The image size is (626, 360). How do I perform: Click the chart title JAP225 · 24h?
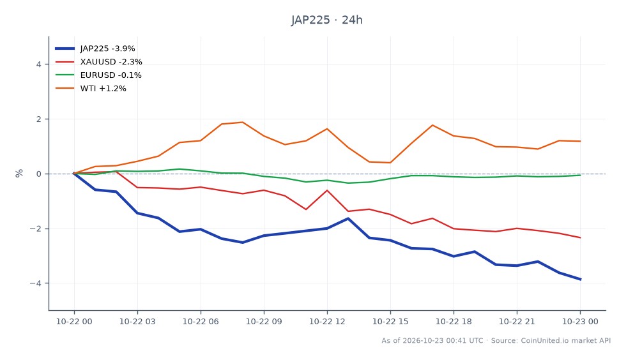(x=326, y=20)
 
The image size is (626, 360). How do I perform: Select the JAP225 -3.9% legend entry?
(x=95, y=49)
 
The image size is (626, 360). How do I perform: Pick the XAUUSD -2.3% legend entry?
(x=98, y=62)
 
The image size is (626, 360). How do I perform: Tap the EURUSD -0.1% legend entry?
(x=98, y=75)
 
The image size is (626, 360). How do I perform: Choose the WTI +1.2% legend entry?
(x=91, y=88)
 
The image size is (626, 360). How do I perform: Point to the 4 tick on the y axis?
(x=38, y=64)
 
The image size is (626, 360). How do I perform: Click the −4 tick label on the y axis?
(x=35, y=283)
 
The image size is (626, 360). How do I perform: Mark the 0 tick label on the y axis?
(x=38, y=174)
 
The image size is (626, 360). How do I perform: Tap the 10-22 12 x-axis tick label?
(x=327, y=322)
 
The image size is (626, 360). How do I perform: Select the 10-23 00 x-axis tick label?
(x=580, y=322)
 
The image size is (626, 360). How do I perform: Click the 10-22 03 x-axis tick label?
(x=137, y=322)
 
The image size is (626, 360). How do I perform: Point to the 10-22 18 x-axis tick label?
(x=454, y=322)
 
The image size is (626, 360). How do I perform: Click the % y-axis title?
(x=19, y=173)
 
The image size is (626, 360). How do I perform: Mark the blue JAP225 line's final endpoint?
(x=580, y=280)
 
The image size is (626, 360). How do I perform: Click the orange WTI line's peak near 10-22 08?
(x=243, y=122)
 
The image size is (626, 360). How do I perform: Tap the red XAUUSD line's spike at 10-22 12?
(x=327, y=190)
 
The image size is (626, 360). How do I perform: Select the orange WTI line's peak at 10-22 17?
(x=432, y=125)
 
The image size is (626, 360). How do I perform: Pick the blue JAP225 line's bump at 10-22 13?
(x=348, y=218)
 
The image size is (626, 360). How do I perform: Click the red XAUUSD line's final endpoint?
(x=580, y=237)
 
